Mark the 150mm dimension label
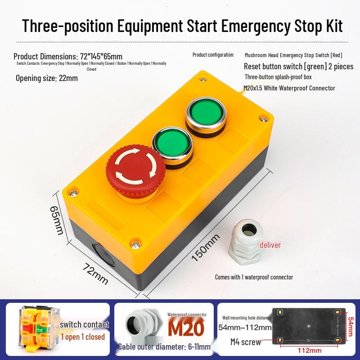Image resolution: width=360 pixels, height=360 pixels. [205, 247]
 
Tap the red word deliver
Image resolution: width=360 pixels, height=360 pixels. [270, 245]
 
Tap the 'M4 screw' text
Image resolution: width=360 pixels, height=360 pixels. [245, 342]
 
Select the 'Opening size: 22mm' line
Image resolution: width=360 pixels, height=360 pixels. [47, 78]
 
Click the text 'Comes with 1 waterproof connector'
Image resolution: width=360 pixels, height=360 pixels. [254, 277]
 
